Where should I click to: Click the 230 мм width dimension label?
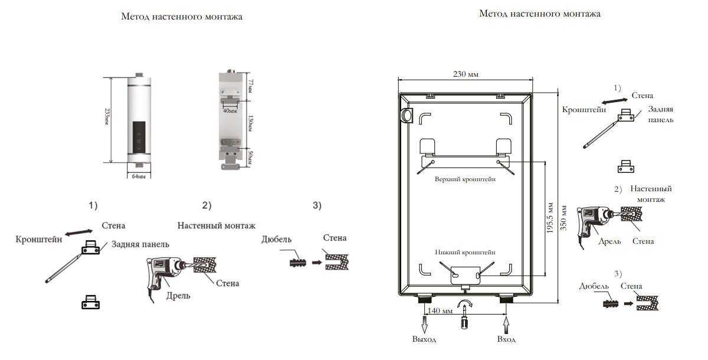466,74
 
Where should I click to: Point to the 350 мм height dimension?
565,220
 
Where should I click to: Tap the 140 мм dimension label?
440,310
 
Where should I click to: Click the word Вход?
506,339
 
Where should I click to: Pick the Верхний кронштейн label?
465,179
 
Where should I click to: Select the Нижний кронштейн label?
466,251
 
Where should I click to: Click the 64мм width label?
139,176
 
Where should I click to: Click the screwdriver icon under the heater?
465,322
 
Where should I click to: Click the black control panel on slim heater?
139,137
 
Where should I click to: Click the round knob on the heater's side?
405,114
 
